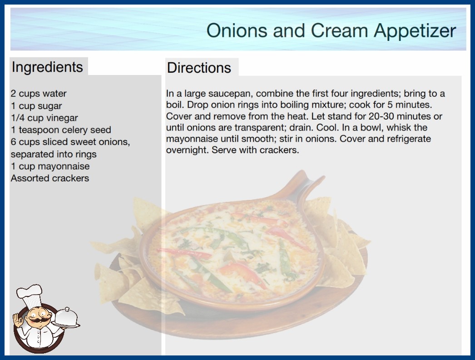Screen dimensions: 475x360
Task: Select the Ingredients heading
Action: (47, 67)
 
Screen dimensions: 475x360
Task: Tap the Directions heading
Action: (199, 68)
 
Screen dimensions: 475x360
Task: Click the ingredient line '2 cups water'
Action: (39, 94)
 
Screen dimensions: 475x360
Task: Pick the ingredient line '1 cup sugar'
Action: (36, 106)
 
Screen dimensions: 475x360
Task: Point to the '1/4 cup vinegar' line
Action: (45, 118)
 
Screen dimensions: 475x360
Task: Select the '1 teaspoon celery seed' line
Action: (61, 130)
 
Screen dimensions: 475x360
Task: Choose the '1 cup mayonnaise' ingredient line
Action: (50, 166)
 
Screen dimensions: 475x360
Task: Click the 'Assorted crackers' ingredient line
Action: (50, 178)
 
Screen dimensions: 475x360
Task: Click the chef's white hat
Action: (30, 296)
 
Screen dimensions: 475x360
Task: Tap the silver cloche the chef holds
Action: (66, 318)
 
